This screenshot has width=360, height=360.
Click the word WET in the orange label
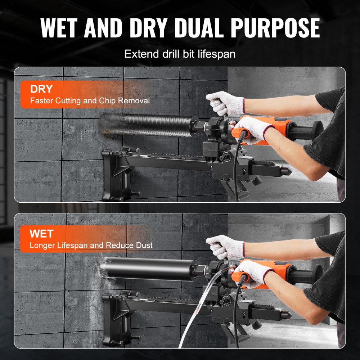pos(41,234)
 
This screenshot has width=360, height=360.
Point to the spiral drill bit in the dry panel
pos(148,124)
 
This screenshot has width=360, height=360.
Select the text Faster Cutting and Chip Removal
pos(90,101)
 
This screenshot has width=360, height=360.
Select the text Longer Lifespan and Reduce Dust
pos(91,246)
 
